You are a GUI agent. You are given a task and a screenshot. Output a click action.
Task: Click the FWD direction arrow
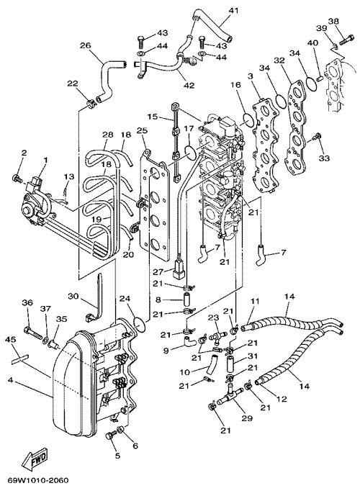[35, 460]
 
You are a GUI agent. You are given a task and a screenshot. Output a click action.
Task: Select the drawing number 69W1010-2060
[35, 480]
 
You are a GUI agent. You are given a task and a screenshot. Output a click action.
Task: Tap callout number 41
[233, 11]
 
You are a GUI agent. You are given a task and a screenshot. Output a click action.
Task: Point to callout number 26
[85, 46]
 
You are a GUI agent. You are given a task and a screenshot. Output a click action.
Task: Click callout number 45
[11, 339]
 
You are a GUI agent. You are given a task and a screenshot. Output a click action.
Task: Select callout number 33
[324, 158]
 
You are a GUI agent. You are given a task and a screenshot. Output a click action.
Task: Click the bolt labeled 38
[346, 40]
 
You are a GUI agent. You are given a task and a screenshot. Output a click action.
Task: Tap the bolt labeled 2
[17, 179]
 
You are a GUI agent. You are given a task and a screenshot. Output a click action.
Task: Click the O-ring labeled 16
[249, 120]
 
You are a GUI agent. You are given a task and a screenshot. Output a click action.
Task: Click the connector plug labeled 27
[178, 271]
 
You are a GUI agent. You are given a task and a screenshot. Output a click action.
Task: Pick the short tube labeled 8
[187, 299]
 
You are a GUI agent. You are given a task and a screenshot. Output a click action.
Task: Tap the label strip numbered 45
[19, 359]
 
